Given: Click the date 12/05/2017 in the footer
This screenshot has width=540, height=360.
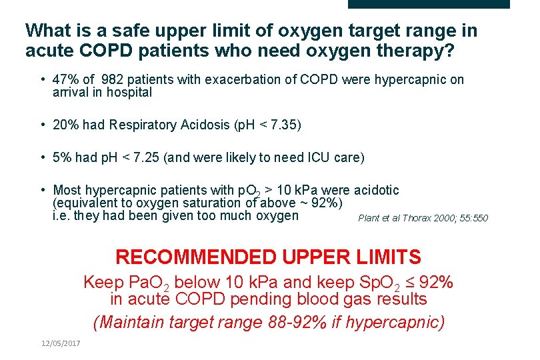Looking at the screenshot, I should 60,343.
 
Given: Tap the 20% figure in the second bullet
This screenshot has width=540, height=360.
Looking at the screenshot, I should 66,125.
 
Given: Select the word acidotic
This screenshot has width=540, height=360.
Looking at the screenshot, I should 376,190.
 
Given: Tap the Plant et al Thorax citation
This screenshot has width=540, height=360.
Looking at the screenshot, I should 423,218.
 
